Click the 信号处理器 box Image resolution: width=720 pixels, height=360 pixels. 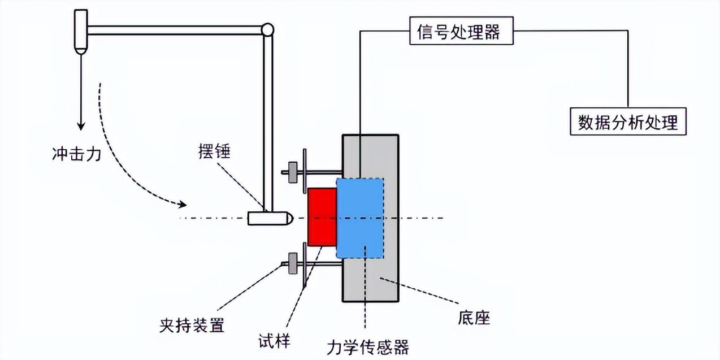click(x=461, y=32)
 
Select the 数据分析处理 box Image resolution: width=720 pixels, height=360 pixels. click(x=628, y=122)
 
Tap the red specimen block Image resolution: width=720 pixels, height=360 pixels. click(x=322, y=218)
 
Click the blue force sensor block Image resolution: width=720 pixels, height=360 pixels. click(x=360, y=218)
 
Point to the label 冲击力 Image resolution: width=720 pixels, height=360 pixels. click(x=76, y=154)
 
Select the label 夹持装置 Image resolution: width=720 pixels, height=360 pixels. click(x=192, y=326)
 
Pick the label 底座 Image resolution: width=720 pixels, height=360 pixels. click(x=474, y=318)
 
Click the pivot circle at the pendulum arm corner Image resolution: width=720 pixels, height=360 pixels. click(x=267, y=29)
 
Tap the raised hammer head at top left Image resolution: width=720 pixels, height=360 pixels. click(x=81, y=31)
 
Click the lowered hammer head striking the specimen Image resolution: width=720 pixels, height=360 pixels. click(x=270, y=218)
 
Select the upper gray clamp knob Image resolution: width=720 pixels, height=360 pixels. click(x=292, y=172)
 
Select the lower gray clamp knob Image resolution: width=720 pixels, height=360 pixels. click(x=292, y=263)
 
